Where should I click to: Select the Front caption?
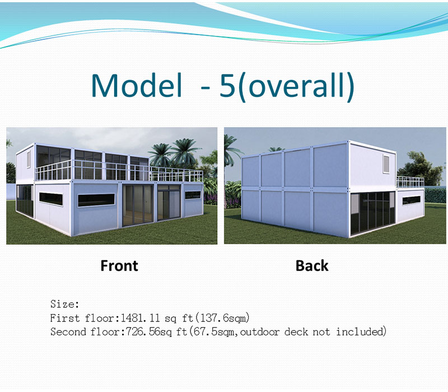pos(119,265)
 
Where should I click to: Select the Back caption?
pos(312,265)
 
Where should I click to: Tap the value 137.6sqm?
pos(225,318)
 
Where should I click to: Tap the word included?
pos(361,332)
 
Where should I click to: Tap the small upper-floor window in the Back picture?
pos(386,163)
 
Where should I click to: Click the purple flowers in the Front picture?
pos(210,199)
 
